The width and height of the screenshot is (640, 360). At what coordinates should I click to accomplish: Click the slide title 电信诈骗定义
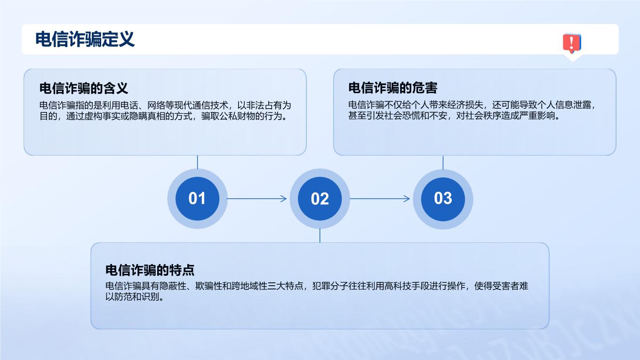pos(85,39)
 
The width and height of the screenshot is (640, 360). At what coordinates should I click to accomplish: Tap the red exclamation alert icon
pos(572,43)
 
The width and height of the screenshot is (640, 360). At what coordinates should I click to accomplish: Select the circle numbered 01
pos(198,199)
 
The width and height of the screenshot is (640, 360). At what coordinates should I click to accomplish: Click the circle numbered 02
pos(320,199)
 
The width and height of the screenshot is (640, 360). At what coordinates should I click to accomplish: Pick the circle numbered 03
pos(443,199)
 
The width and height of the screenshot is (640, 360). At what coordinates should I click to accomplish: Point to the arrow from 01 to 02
pos(257,199)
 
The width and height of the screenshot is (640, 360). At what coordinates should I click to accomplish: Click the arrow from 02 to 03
pos(380,199)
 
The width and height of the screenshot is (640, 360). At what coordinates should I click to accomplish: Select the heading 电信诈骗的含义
pos(84,88)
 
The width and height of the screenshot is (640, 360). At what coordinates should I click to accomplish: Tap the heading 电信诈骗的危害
pos(393,88)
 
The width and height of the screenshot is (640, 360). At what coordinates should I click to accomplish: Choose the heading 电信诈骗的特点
pos(150,270)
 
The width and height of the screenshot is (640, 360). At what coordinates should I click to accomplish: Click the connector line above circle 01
pos(198,162)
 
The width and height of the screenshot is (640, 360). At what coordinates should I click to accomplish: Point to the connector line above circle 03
pos(443,162)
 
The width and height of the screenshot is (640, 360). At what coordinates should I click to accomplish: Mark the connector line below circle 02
pos(320,235)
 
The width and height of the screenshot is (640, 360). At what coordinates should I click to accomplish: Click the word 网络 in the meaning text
pos(156,105)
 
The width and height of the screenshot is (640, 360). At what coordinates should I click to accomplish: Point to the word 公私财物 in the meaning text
pos(237,116)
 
